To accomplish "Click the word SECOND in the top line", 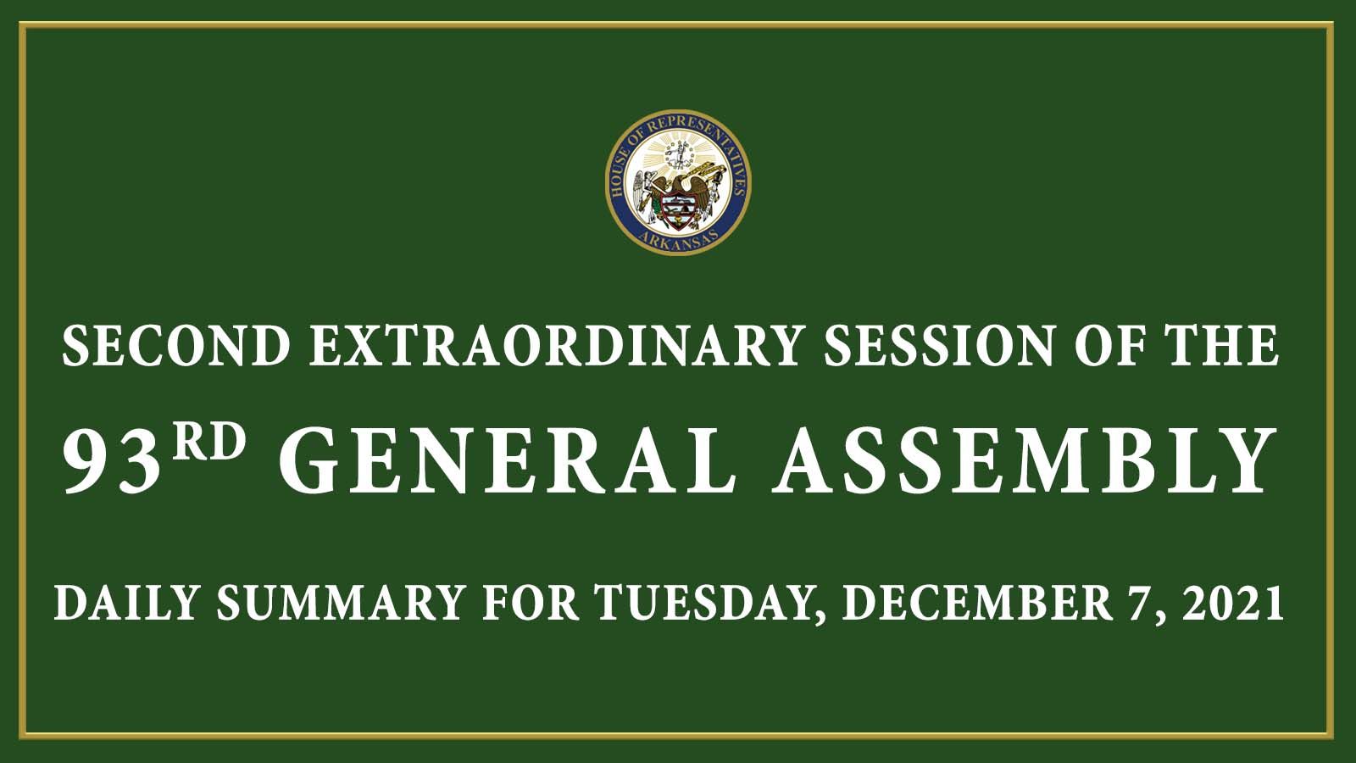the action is (x=175, y=346).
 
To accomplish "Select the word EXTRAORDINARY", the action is (x=555, y=346).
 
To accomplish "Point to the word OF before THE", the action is (x=1109, y=346).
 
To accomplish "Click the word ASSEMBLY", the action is (x=1024, y=461).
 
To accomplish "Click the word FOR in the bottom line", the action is (x=531, y=602).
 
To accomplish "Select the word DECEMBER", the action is (x=978, y=602).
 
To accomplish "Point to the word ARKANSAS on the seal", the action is (x=678, y=237).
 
